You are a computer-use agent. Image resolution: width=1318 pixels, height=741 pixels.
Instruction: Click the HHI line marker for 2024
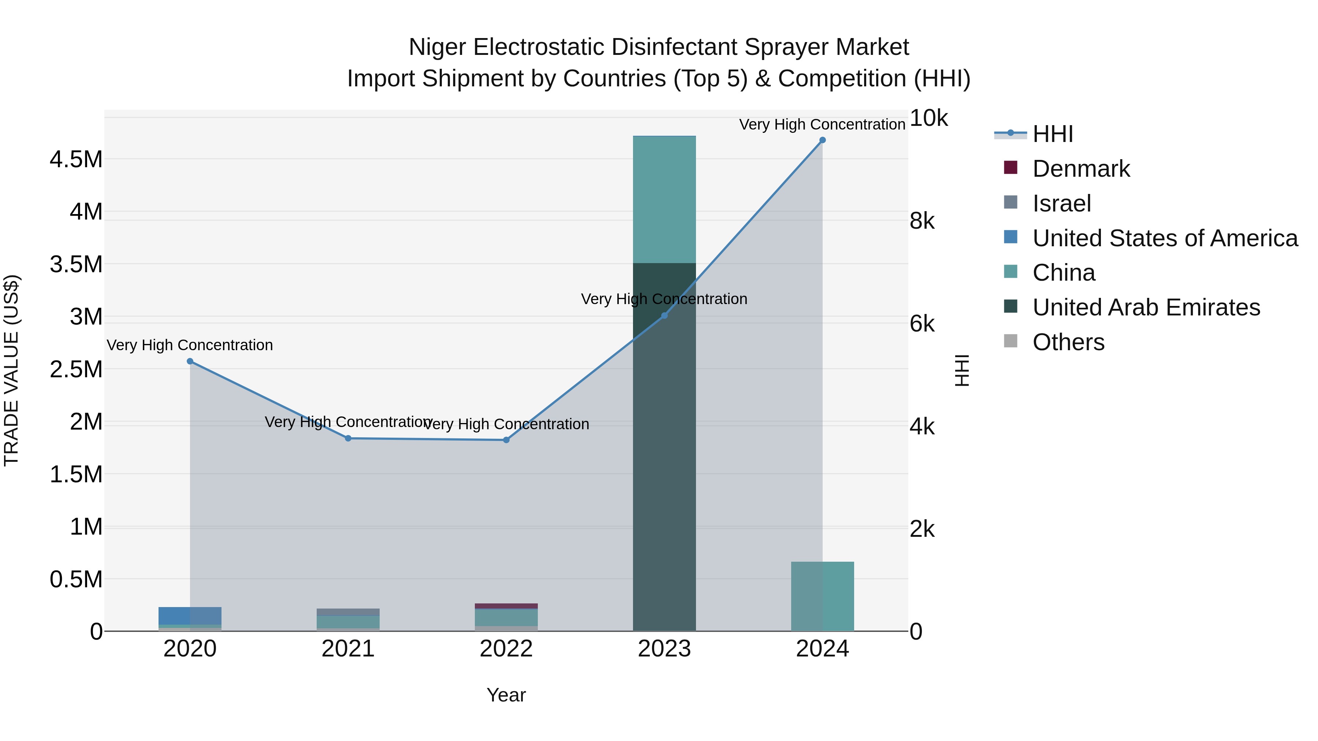click(x=822, y=140)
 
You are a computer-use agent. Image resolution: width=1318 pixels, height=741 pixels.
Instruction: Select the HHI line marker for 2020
click(x=190, y=361)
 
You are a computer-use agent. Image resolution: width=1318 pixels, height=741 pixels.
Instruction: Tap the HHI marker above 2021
click(x=348, y=438)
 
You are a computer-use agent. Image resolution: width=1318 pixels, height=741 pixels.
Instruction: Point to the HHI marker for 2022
click(x=506, y=440)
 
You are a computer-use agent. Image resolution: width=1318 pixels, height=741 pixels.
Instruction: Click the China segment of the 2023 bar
click(x=664, y=199)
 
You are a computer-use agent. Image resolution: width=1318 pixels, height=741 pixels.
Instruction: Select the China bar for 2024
click(x=822, y=596)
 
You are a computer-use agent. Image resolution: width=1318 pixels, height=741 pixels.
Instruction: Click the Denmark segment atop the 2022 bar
click(x=506, y=606)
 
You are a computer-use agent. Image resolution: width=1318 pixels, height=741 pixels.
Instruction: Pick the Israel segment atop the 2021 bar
click(x=348, y=612)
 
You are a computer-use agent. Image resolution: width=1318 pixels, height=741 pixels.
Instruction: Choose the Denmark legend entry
click(x=1081, y=169)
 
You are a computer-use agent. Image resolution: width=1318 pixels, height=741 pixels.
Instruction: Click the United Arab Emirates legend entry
click(x=1146, y=307)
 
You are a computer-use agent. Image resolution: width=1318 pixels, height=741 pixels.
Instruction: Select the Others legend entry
click(x=1068, y=342)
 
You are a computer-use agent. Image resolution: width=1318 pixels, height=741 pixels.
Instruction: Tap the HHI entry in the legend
click(x=1053, y=134)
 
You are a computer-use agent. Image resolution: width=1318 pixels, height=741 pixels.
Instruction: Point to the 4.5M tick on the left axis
click(x=76, y=160)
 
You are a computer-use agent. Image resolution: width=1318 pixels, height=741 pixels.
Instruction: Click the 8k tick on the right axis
click(x=922, y=221)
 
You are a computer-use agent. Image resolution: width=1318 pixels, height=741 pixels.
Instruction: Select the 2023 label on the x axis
click(x=664, y=649)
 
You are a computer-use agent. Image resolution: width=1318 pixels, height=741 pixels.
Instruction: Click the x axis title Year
click(x=506, y=695)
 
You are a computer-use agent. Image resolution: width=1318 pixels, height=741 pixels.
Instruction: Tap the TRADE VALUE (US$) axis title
click(x=11, y=370)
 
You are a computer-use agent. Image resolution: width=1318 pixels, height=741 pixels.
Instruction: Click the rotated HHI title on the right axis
click(x=962, y=370)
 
